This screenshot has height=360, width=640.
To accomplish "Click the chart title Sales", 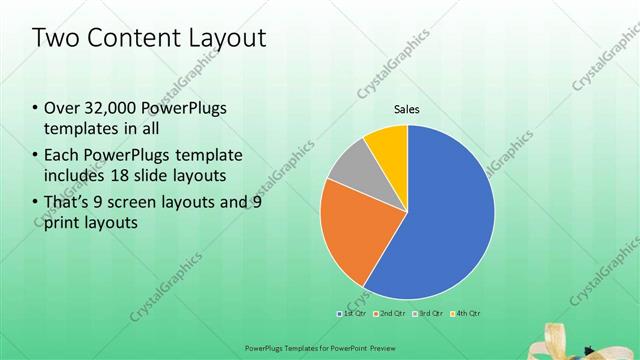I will (406, 110).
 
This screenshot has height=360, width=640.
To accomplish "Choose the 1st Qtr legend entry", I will (350, 314).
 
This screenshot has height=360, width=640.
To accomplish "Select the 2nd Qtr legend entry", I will (392, 314).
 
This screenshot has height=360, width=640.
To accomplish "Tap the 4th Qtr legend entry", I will (466, 314).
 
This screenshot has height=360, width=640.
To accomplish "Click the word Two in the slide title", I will (55, 39).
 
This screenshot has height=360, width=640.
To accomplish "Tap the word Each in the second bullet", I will (63, 155).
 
